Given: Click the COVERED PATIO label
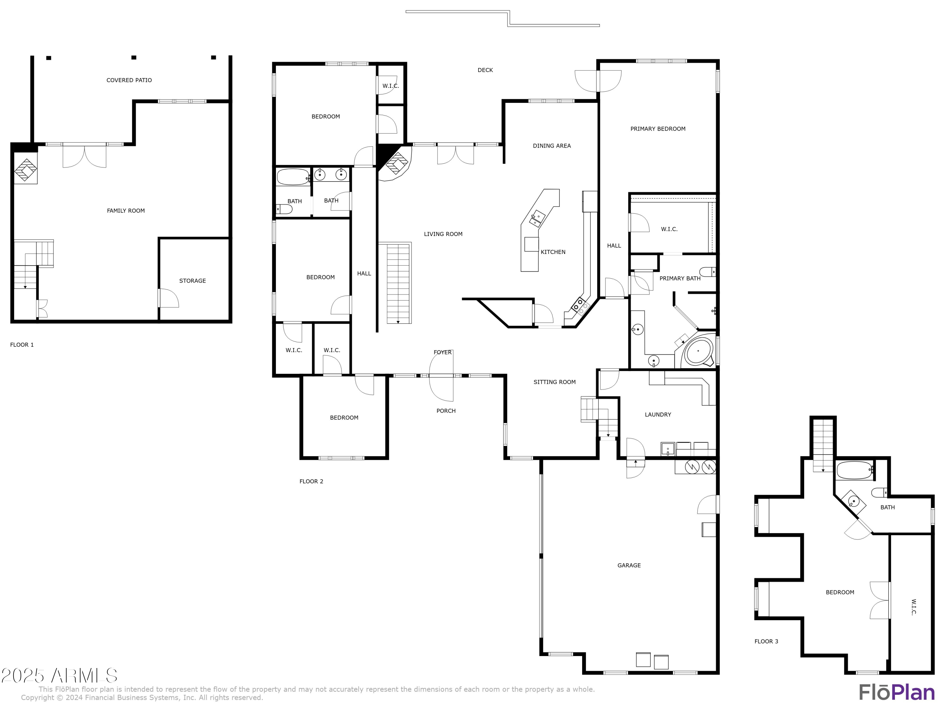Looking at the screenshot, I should [129, 80].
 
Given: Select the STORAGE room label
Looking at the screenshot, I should [192, 281].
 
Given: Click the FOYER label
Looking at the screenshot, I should [442, 352].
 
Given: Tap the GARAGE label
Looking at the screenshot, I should [629, 565].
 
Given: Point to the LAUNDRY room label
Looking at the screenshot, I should [657, 415].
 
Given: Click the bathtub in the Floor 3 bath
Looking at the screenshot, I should [854, 470].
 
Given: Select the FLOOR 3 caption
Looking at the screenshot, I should [766, 641].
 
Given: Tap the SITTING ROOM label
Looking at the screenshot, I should [554, 382].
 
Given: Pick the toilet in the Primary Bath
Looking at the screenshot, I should [708, 272].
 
